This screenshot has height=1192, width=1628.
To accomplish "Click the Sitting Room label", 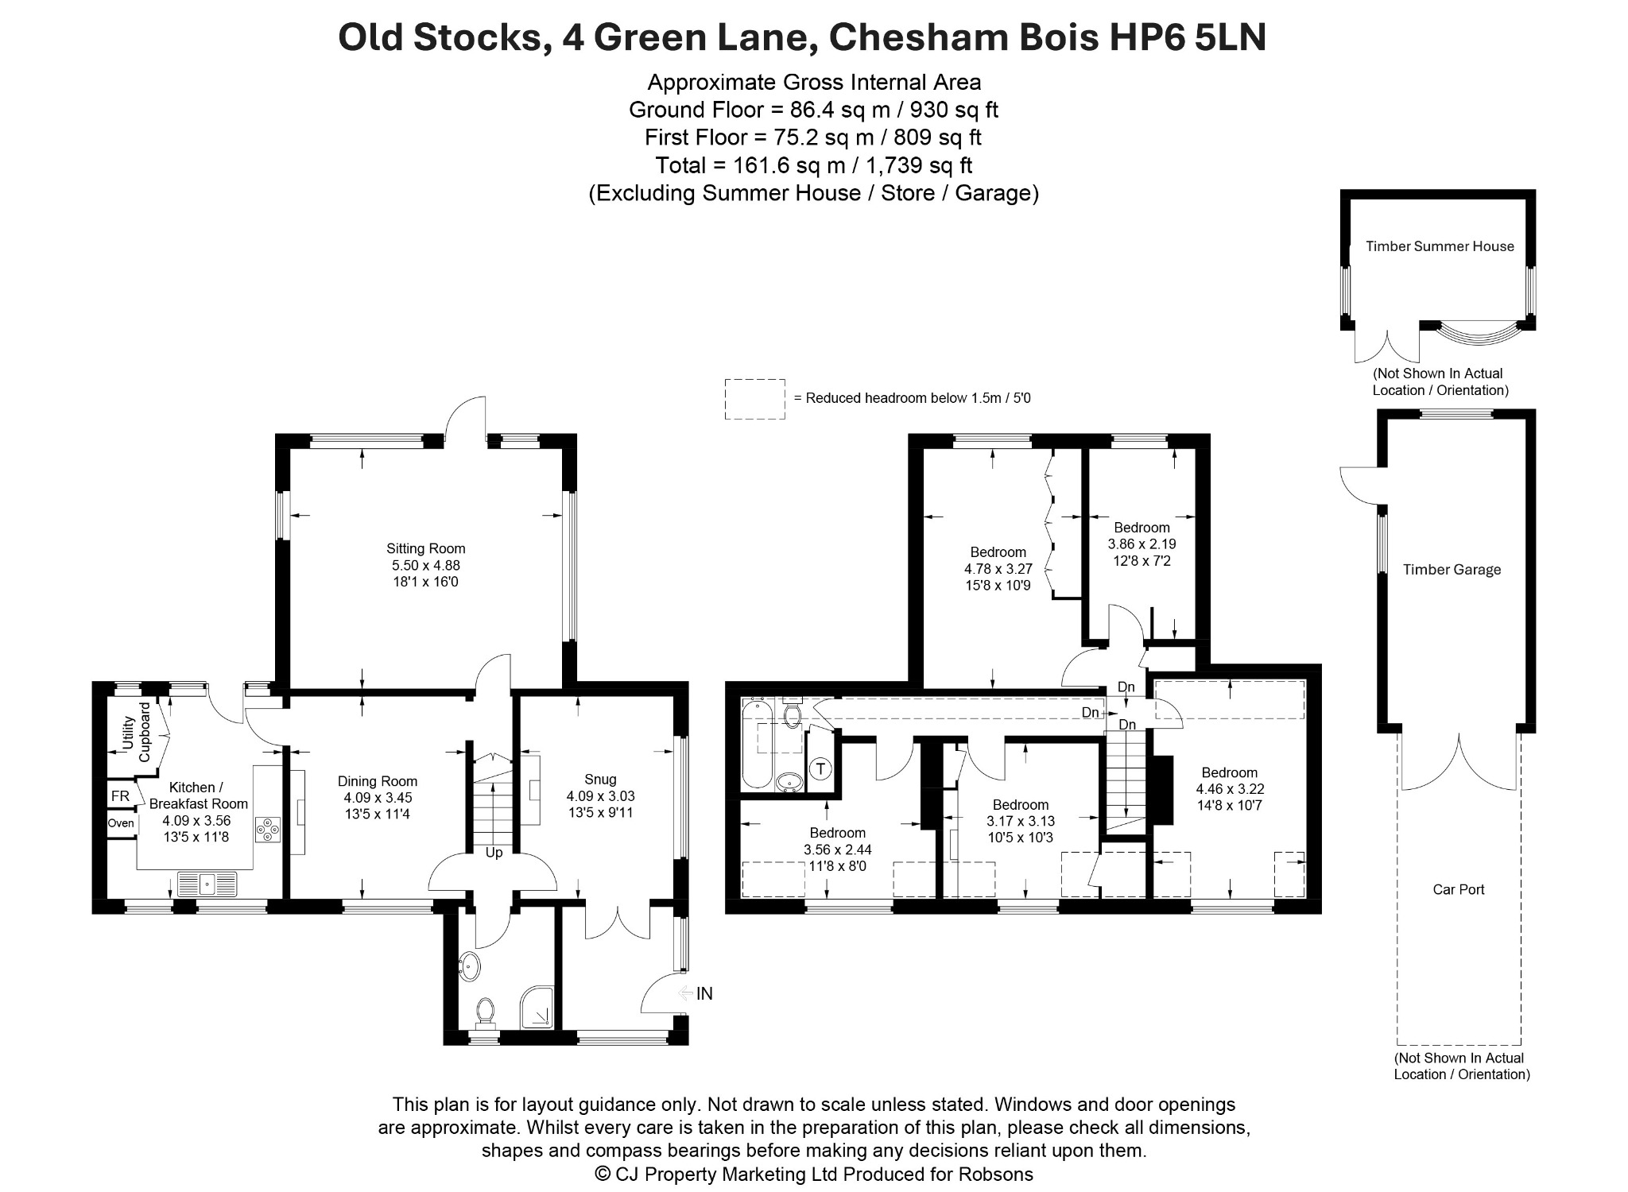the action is tap(425, 548).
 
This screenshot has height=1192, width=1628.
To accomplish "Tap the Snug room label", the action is tap(600, 779).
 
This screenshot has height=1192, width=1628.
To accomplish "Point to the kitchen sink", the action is tap(207, 884).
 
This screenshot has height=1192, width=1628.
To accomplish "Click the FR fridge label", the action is tap(120, 796).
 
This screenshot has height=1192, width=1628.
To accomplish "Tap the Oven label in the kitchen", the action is tap(121, 823).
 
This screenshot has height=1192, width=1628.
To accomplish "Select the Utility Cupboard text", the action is tap(136, 732).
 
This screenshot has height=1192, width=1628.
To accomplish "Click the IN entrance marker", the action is tap(704, 993).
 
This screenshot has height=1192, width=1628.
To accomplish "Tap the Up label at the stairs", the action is tap(494, 853).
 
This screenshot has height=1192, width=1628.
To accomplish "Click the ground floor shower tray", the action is tap(539, 1006).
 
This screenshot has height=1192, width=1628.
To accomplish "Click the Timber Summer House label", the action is tap(1440, 246).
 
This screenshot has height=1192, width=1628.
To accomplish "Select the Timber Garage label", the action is tap(1452, 569).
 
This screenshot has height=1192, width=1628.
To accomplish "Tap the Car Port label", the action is tap(1459, 889).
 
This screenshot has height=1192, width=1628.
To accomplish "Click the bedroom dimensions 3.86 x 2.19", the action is tap(1142, 544).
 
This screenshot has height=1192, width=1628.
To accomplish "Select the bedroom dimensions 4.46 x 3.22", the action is tap(1230, 789).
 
